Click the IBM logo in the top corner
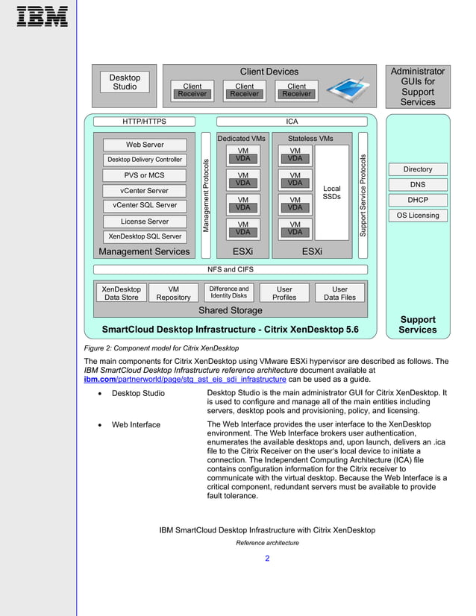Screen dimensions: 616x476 tap(42, 16)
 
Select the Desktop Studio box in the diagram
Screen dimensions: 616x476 tap(125, 82)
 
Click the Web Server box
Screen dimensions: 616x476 tap(145, 145)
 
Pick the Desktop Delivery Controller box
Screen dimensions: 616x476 tap(145, 160)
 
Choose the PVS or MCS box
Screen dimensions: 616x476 tap(145, 175)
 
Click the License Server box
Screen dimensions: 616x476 tap(145, 221)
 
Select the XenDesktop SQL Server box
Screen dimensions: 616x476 tap(145, 236)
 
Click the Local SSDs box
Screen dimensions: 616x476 tap(331, 192)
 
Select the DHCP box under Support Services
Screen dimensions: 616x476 tap(418, 200)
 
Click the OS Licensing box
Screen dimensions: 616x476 tap(418, 216)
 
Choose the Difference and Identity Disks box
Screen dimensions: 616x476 tap(229, 292)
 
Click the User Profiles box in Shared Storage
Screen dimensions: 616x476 tap(284, 293)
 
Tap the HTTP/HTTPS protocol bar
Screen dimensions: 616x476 tap(145, 121)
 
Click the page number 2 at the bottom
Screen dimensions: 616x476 tap(267, 559)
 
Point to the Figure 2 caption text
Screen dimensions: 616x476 tap(161, 348)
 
